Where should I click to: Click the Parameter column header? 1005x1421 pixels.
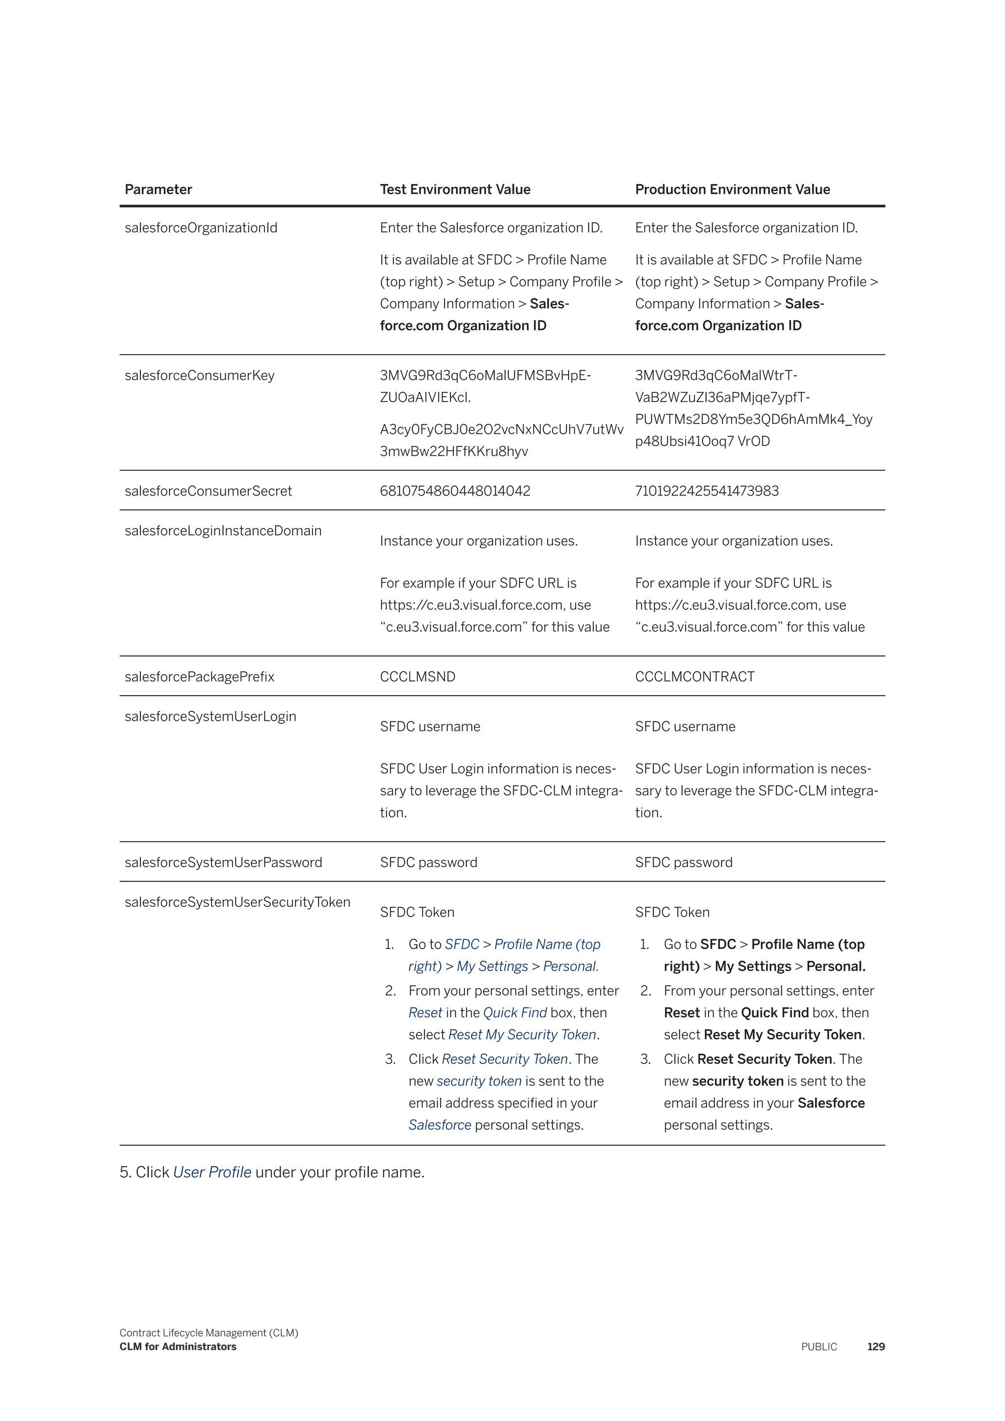click(159, 189)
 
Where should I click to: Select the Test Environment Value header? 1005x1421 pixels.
click(455, 189)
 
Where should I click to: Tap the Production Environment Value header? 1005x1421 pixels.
click(732, 189)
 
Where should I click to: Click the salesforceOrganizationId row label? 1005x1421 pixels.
click(201, 228)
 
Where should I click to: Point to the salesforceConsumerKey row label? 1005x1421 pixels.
click(199, 376)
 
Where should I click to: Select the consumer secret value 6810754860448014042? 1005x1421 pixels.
click(455, 491)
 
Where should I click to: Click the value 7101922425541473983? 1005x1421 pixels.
click(707, 491)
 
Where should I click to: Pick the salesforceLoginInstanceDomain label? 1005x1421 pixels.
click(223, 531)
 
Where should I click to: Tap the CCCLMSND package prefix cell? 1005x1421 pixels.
click(418, 677)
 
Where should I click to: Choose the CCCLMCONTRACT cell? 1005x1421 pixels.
click(694, 677)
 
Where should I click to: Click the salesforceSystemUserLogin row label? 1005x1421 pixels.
click(211, 717)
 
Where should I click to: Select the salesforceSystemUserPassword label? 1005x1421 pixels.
click(223, 863)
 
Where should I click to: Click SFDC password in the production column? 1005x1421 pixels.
click(683, 863)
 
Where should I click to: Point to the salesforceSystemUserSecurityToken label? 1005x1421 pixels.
click(238, 902)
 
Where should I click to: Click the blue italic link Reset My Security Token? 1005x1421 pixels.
click(522, 1035)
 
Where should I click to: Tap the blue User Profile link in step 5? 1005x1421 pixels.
click(212, 1172)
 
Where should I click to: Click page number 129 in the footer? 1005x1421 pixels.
click(875, 1347)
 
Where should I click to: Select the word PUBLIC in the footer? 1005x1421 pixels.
click(819, 1347)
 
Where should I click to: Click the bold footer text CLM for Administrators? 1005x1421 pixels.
click(178, 1347)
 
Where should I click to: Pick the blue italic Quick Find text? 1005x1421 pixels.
click(515, 1013)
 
